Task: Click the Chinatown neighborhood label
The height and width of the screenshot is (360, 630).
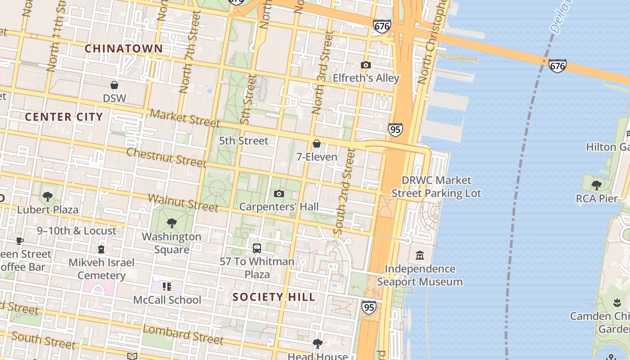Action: [124, 49]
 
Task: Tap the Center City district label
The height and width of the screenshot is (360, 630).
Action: [64, 117]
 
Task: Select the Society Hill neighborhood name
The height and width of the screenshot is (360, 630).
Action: [274, 297]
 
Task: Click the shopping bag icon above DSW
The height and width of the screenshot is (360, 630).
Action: [114, 85]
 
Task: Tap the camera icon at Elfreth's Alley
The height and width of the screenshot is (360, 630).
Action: [365, 65]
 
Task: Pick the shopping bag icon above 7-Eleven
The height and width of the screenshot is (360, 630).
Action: [317, 144]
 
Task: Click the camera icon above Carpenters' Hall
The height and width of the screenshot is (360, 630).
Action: [279, 193]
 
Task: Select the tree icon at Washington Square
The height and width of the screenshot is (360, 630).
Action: [171, 223]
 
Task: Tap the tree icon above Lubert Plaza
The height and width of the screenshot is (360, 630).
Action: [48, 197]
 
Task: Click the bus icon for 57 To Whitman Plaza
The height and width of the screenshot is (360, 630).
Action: [257, 248]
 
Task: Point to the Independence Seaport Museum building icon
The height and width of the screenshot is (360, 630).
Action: [420, 256]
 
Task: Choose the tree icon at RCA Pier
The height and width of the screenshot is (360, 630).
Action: [597, 185]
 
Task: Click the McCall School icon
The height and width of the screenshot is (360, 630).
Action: [167, 287]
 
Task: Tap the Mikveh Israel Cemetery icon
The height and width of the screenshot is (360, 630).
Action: [101, 249]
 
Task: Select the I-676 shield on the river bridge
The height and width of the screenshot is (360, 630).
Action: [557, 66]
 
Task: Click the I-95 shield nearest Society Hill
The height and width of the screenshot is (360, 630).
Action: [369, 307]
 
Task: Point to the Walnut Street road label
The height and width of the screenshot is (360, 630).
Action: [183, 202]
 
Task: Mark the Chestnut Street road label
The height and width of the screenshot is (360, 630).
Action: [166, 157]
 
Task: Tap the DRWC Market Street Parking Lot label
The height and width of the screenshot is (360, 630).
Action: [436, 187]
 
